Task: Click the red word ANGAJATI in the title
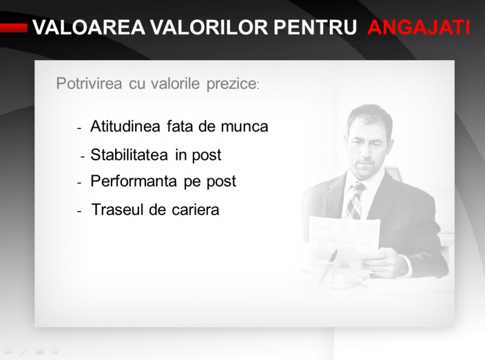pyautogui.click(x=419, y=27)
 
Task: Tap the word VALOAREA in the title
pyautogui.click(x=89, y=27)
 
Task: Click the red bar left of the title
pyautogui.click(x=13, y=28)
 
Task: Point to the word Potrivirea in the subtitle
pyautogui.click(x=89, y=84)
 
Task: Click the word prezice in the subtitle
pyautogui.click(x=232, y=84)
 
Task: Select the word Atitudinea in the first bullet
pyautogui.click(x=125, y=126)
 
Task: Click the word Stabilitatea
pyautogui.click(x=130, y=155)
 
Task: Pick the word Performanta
pyautogui.click(x=133, y=181)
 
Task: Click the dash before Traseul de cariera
pyautogui.click(x=79, y=212)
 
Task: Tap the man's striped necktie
pyautogui.click(x=355, y=201)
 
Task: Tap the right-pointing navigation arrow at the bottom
pyautogui.click(x=55, y=352)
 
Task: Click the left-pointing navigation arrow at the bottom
pyautogui.click(x=7, y=352)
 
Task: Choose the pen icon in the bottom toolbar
pyautogui.click(x=24, y=352)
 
